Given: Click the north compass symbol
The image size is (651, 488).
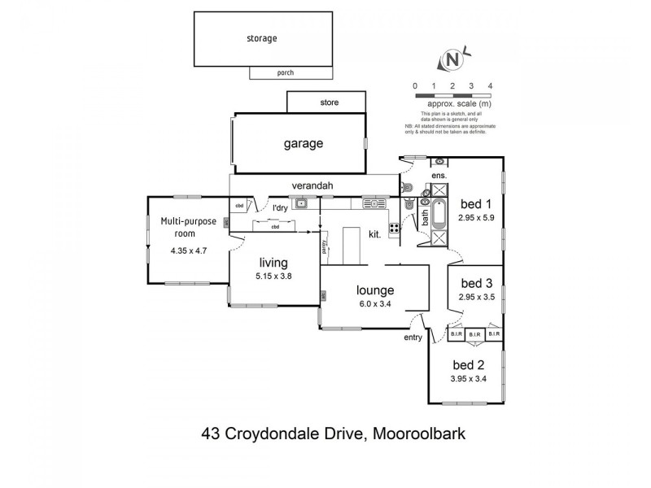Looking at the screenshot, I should point(452,60).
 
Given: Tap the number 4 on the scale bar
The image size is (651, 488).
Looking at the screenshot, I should point(490,85).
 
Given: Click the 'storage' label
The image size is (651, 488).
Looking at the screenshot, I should point(262,37).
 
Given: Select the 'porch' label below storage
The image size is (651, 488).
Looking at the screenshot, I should point(285,73).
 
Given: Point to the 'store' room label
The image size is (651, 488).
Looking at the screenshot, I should point(329,103).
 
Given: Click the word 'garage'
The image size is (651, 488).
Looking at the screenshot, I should point(304,144).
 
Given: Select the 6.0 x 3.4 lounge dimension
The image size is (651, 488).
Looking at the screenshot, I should point(374,305).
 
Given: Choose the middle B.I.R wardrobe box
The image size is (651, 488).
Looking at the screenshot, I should point(474,333).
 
